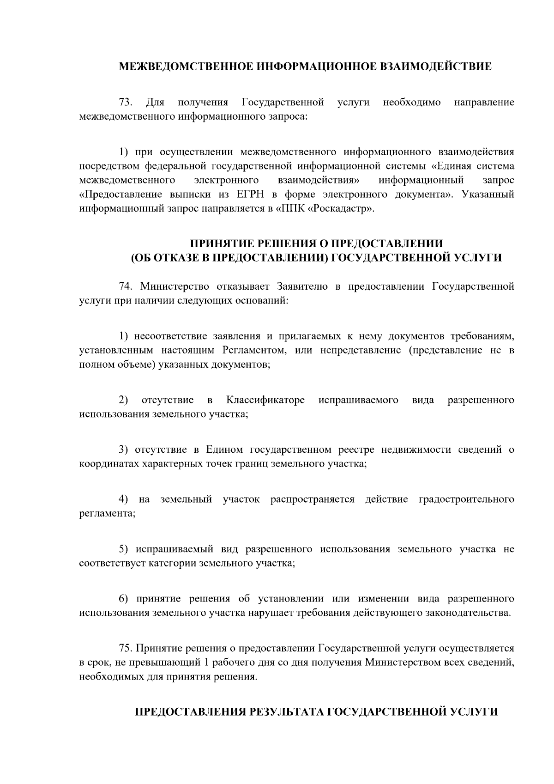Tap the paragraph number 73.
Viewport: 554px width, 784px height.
tap(126, 102)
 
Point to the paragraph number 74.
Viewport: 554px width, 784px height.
tap(126, 286)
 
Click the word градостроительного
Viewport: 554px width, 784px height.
tap(466, 500)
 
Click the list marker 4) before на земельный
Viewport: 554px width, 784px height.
tap(123, 500)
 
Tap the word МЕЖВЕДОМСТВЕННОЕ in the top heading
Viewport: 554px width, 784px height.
tap(186, 67)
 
